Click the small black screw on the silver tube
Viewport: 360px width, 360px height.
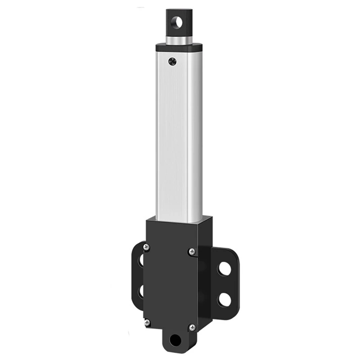pos(171,60)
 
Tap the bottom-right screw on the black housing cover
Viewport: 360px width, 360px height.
pos(192,328)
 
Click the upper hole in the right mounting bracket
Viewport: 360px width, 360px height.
pos(225,269)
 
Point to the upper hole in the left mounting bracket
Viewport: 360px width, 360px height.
pos(140,261)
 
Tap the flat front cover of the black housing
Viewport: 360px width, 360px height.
pos(169,283)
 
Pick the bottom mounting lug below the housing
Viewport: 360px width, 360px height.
pos(178,342)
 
